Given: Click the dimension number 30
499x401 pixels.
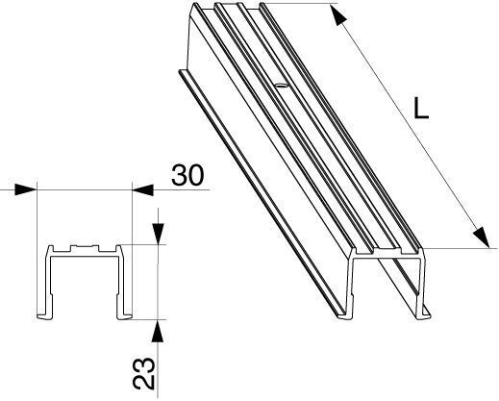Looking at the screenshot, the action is [187, 175].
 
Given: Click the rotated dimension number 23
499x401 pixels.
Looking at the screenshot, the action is [144, 373].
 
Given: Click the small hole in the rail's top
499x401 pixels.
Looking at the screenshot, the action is [281, 86].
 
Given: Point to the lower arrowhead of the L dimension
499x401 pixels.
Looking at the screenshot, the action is [482, 238].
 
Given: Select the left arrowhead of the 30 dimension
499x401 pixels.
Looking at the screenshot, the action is [26, 189].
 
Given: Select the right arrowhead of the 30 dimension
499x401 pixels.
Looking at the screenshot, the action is [143, 189].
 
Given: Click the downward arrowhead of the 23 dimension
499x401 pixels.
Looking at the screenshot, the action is [158, 234].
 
